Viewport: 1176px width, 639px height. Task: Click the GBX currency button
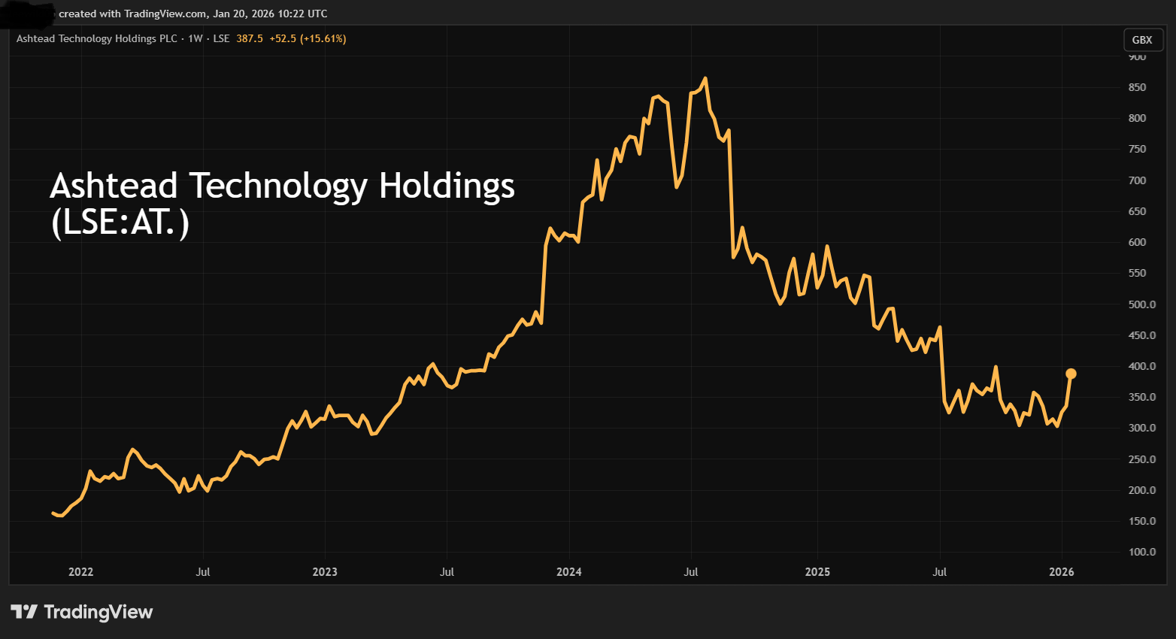pos(1141,40)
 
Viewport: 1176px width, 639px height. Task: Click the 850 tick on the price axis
pos(1137,87)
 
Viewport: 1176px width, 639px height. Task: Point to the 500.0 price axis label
pos(1141,304)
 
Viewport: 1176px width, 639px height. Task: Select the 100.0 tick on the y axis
pos(1141,552)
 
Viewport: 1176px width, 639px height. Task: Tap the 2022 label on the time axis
pos(80,572)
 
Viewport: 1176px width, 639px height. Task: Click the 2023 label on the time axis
pos(325,572)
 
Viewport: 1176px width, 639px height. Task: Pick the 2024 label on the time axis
pos(568,572)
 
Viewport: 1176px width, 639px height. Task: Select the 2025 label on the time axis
pos(817,572)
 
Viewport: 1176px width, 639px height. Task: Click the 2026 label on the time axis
pos(1061,572)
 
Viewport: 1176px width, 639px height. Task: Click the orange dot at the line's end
pos(1071,374)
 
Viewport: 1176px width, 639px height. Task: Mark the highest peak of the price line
pos(705,78)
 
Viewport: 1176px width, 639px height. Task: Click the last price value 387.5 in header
pos(250,38)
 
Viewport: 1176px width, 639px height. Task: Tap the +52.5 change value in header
pos(283,38)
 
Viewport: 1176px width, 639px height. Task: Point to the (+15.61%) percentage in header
pos(323,38)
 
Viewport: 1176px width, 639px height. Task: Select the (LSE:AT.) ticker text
pos(120,223)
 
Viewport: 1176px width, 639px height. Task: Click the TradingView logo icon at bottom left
pos(24,612)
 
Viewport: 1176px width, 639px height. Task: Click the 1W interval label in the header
pos(195,38)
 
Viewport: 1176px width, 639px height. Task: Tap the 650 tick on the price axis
pos(1137,211)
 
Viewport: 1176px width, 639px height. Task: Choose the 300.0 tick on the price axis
pos(1141,428)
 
